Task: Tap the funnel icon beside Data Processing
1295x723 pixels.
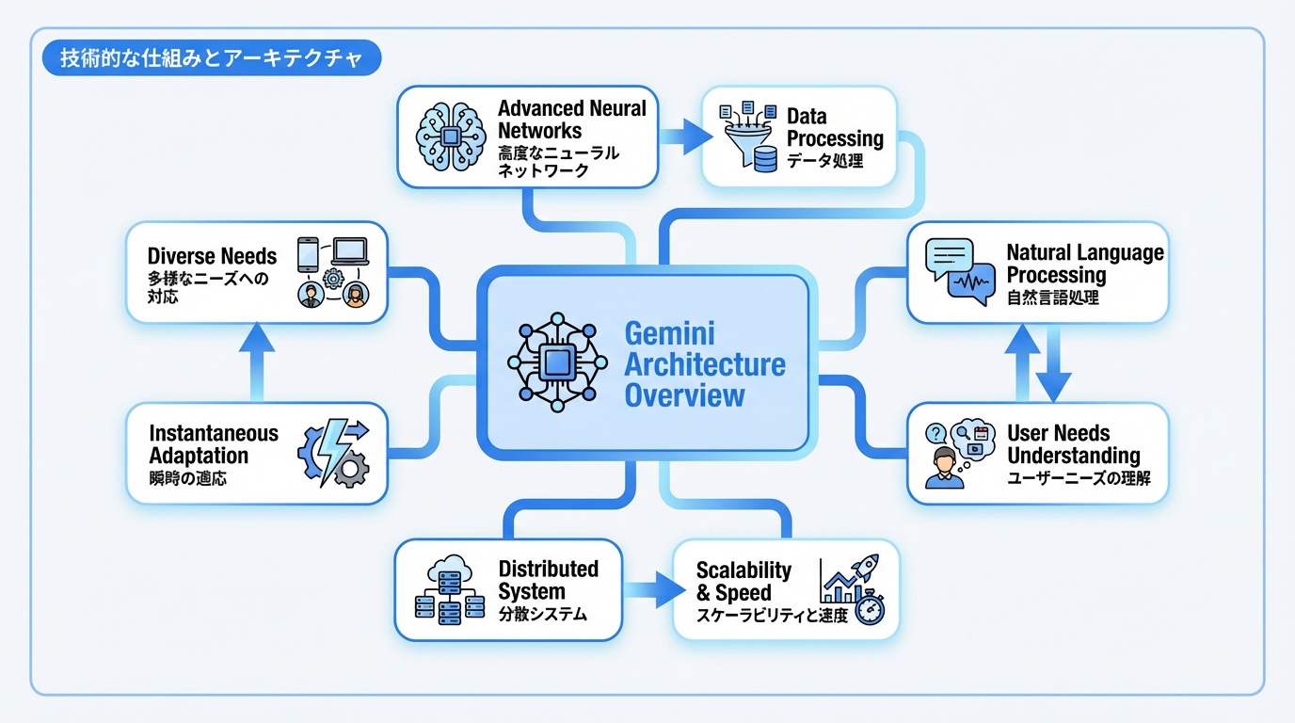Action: point(747,137)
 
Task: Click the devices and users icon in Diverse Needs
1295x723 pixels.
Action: point(331,272)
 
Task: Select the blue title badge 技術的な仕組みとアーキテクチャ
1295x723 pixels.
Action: point(212,58)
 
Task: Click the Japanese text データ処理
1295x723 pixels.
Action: point(824,161)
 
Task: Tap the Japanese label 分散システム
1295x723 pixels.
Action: point(543,615)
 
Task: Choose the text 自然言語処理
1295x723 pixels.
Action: point(1052,298)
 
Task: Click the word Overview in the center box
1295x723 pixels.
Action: point(684,394)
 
